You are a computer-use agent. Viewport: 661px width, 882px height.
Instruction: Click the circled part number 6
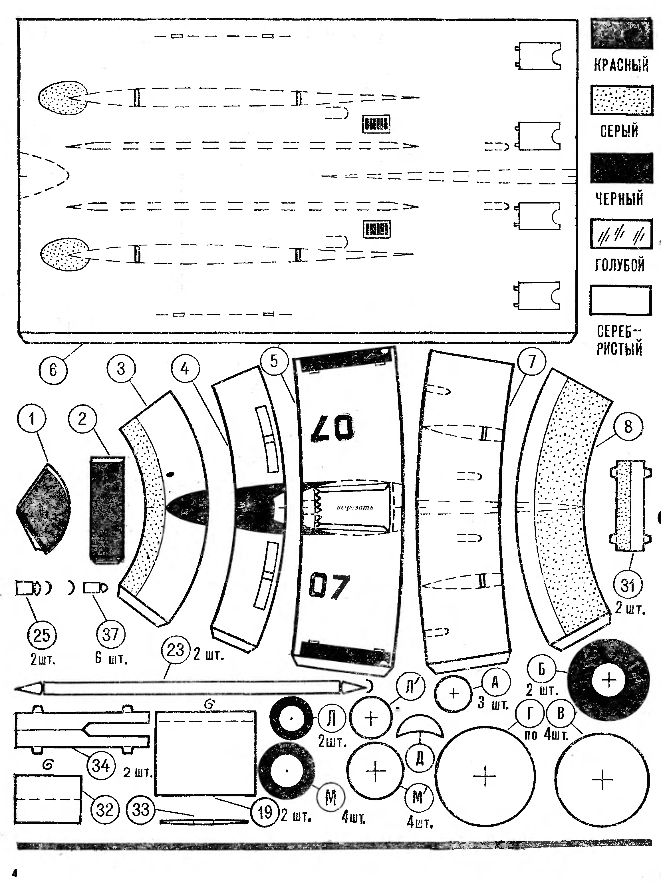pyautogui.click(x=53, y=370)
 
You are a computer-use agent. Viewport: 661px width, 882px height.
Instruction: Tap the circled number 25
pyautogui.click(x=41, y=635)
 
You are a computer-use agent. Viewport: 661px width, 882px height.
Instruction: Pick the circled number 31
pyautogui.click(x=628, y=585)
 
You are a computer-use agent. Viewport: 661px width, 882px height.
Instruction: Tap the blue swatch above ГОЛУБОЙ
pyautogui.click(x=621, y=234)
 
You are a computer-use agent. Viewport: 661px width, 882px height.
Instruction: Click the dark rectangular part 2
pyautogui.click(x=106, y=510)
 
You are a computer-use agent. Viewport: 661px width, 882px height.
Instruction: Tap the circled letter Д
pyautogui.click(x=420, y=758)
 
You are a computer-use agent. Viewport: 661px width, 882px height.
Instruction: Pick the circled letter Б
pyautogui.click(x=541, y=669)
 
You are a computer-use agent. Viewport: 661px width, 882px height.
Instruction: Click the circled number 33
pyautogui.click(x=140, y=810)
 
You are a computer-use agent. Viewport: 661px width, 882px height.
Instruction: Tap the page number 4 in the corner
pyautogui.click(x=15, y=873)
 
